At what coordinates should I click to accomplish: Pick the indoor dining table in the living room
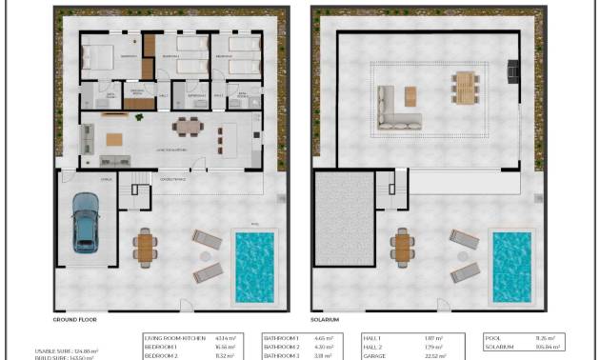188,126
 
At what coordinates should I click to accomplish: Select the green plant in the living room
140,116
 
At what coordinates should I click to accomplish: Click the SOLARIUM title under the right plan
325,320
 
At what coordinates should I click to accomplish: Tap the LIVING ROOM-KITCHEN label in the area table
173,338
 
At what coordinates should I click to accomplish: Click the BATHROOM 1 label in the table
281,338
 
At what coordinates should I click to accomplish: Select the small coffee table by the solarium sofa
410,96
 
